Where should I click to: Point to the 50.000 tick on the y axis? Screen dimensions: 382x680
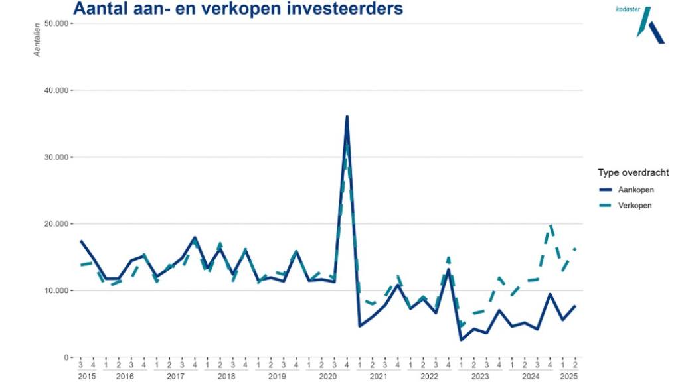point(55,23)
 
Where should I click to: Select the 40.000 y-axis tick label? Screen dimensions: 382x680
point(55,90)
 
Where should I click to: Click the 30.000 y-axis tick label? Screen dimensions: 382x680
point(55,157)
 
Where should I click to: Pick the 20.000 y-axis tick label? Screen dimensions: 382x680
point(55,224)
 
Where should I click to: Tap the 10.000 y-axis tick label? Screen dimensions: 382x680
point(55,291)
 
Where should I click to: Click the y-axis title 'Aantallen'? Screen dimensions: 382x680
point(38,39)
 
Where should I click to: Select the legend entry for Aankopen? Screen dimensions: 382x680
point(636,190)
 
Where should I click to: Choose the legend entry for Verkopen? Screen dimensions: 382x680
point(635,205)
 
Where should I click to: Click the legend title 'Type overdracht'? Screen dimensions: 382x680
point(633,173)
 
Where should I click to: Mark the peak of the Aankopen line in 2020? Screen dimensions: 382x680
point(347,117)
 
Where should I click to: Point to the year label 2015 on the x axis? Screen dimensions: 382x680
point(87,376)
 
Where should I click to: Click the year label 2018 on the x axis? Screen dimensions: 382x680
point(226,376)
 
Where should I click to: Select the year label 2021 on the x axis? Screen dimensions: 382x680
point(378,376)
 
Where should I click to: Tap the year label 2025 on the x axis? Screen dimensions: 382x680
point(568,376)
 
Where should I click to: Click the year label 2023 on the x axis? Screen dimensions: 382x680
point(479,376)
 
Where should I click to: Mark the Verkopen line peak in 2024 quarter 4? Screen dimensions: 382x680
point(550,226)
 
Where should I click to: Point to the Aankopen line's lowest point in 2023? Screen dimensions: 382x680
point(461,340)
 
